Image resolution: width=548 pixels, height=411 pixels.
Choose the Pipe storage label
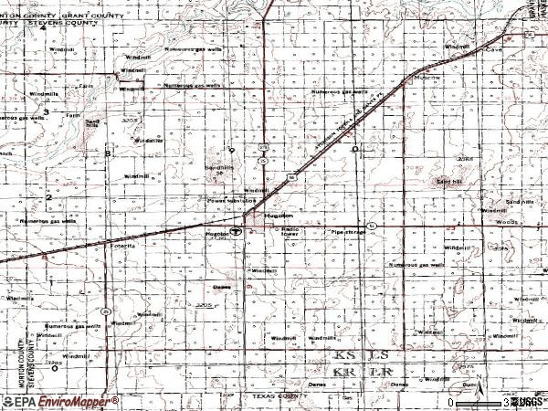point(348,233)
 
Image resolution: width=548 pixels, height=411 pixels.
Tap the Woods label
point(510,221)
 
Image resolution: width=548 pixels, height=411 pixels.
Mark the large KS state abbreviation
point(343,354)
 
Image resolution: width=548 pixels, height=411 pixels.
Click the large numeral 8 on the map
point(108,153)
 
